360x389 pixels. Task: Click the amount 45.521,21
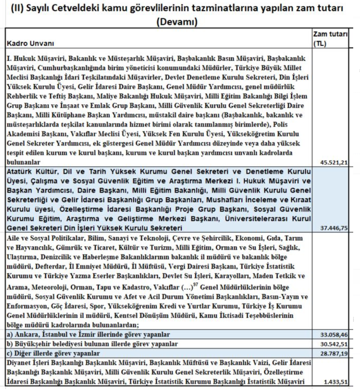[x=334, y=162]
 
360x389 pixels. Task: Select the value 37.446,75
[x=334, y=228]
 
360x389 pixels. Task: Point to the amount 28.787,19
[x=334, y=353]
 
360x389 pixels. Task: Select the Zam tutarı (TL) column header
[x=330, y=38]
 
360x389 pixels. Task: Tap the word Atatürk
[x=18, y=171]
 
